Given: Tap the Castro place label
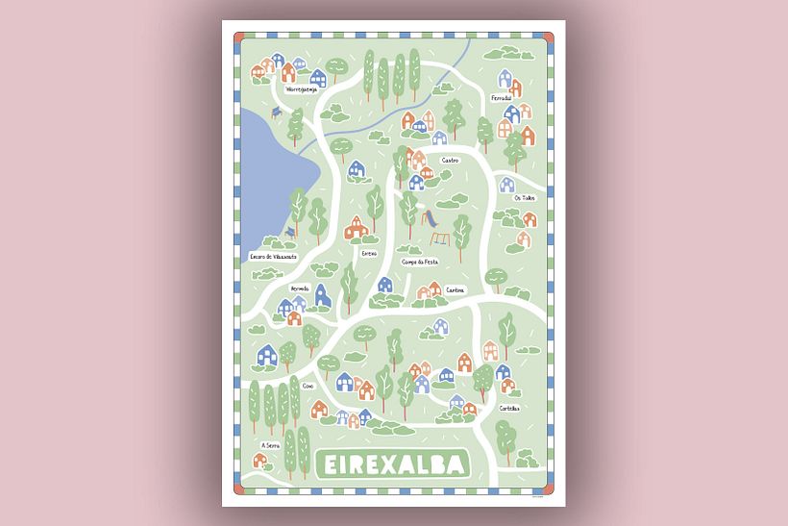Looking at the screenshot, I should click(x=450, y=160).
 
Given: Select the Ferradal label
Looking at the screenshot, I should click(x=501, y=99).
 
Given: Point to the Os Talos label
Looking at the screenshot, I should click(x=524, y=198).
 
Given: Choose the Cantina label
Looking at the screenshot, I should click(x=455, y=289).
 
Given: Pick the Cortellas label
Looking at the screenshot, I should click(x=508, y=408).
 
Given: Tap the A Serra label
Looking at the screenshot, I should click(x=270, y=445).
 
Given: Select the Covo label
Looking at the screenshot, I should click(x=308, y=386).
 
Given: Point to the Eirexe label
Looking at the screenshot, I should click(x=369, y=254).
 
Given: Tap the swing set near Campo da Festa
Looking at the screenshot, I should click(x=438, y=239).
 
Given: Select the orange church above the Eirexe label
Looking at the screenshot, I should click(x=356, y=227).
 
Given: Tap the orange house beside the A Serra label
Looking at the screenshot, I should click(x=259, y=460).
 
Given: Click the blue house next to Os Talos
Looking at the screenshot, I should click(x=506, y=184).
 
